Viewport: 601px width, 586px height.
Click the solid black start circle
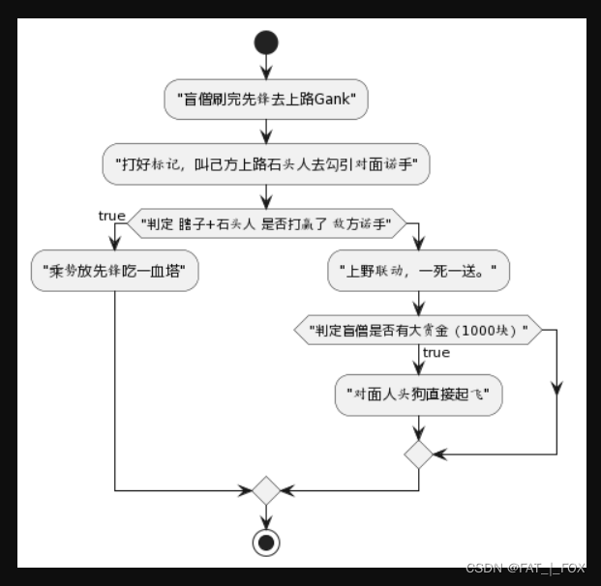click(266, 43)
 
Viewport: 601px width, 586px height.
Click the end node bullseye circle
click(266, 542)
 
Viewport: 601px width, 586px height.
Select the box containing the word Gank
click(266, 100)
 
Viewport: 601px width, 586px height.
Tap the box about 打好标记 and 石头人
click(266, 165)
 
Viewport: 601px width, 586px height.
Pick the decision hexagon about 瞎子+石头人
click(266, 225)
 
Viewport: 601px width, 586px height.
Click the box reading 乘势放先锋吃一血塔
click(114, 271)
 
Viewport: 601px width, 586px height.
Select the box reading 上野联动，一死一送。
click(418, 271)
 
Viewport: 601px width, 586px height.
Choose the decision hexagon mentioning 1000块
click(418, 330)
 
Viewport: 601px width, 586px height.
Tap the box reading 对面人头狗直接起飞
click(418, 395)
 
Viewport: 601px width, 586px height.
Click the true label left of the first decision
click(111, 216)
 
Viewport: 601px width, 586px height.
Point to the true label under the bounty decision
click(436, 353)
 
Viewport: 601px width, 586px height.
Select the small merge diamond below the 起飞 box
click(418, 454)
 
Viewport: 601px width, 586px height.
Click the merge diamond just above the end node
click(266, 489)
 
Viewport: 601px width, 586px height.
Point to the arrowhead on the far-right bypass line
click(556, 388)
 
